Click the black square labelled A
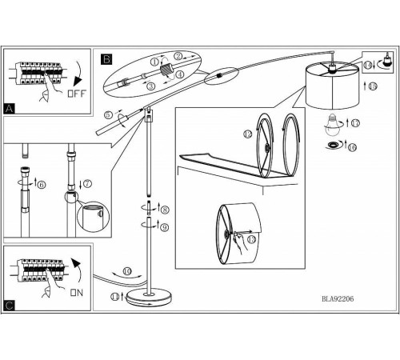pos(10,109)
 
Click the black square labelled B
pos(106,59)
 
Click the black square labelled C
pos(10,306)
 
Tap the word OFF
pos(77,94)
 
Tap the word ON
pos(77,293)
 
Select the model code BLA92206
pos(338,299)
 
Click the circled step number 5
pos(108,115)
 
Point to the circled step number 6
pos(42,185)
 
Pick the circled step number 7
pos(87,183)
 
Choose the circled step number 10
pos(127,271)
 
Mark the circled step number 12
pos(248,134)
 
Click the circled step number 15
pos(373,86)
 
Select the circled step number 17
pos(355,123)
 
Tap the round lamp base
pos(149,298)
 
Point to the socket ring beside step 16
pos(333,145)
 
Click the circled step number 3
pos(151,86)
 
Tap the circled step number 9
pos(164,227)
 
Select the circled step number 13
pos(251,239)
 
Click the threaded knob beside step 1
pos(167,70)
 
